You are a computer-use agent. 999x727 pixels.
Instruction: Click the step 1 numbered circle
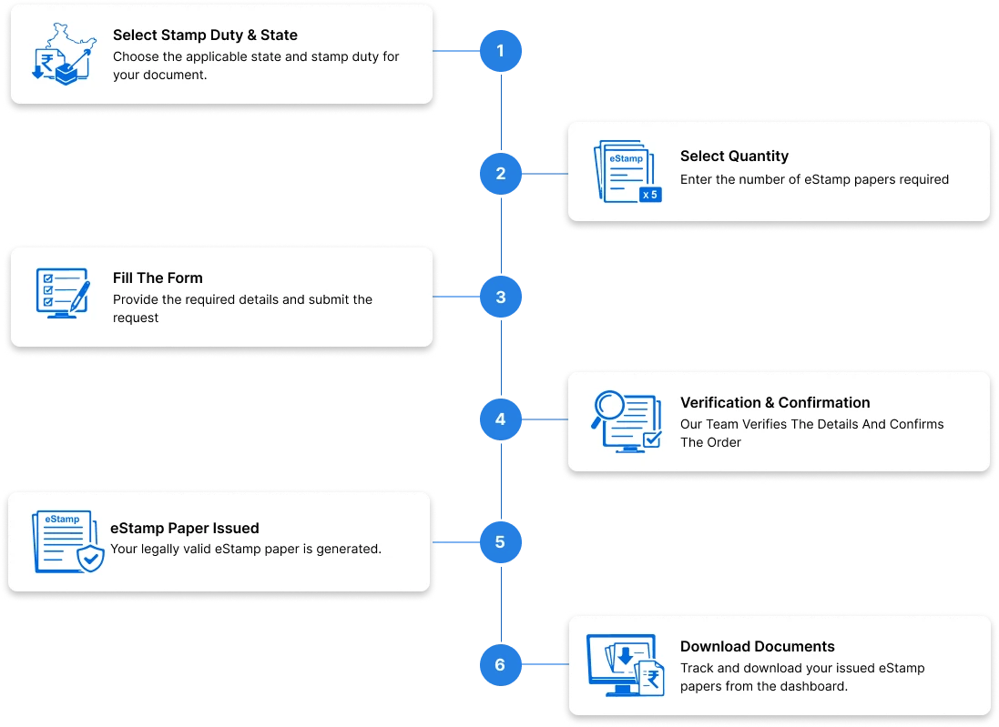click(500, 51)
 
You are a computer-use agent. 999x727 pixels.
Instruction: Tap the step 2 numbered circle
click(500, 173)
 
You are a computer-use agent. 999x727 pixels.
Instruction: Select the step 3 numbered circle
click(500, 297)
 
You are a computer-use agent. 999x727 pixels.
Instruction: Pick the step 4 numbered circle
click(500, 419)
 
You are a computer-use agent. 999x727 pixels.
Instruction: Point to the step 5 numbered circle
click(500, 542)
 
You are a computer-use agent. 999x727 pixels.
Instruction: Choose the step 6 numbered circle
click(500, 665)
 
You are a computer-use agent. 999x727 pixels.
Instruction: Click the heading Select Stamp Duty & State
click(205, 35)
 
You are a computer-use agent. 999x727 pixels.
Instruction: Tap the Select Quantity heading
click(734, 157)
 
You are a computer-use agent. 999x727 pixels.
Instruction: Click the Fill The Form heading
click(158, 278)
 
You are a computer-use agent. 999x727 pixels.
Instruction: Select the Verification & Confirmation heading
click(775, 402)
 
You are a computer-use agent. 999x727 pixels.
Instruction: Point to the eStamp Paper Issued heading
click(185, 528)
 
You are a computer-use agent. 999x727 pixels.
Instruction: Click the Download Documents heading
click(757, 647)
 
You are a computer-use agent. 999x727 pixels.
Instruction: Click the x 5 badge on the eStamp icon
click(649, 194)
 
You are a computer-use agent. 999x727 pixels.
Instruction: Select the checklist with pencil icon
click(62, 293)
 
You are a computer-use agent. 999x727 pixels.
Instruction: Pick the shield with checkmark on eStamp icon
click(89, 559)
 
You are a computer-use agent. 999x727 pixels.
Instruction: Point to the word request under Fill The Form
click(136, 318)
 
